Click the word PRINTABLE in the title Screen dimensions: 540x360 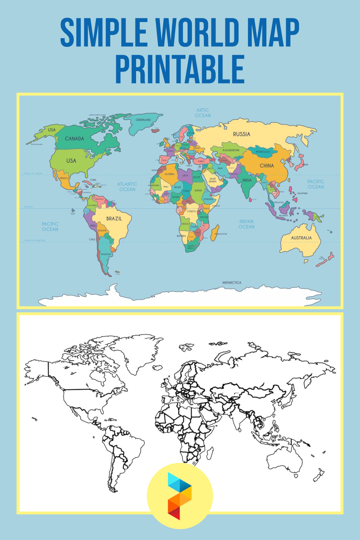(x=180, y=69)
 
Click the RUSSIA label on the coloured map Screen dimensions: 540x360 (x=241, y=134)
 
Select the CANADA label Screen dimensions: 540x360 (x=75, y=139)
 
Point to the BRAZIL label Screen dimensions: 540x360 (x=114, y=219)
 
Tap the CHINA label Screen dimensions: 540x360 (x=267, y=166)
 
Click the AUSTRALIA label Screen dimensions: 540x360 (x=301, y=238)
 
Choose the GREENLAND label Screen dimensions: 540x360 (x=143, y=120)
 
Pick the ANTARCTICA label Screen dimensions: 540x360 (x=231, y=283)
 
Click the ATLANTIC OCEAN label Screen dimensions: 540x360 (x=127, y=186)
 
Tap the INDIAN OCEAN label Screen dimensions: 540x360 (x=246, y=224)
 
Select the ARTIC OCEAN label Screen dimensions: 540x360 (x=203, y=113)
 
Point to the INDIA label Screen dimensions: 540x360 (x=247, y=180)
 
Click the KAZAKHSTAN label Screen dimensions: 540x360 (x=231, y=150)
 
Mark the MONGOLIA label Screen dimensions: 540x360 (x=263, y=152)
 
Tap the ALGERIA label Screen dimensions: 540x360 (x=170, y=174)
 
